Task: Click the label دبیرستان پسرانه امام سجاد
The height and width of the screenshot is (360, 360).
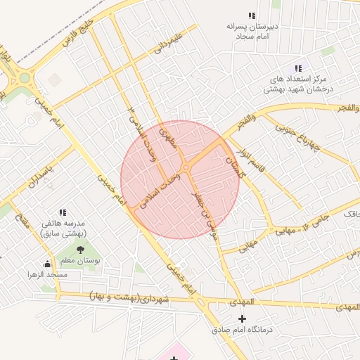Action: pos(252,30)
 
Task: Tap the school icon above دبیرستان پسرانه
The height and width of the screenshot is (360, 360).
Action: pos(252,15)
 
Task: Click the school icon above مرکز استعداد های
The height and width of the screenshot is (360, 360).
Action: pos(298,68)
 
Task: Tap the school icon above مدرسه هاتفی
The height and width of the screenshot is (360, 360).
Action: pos(63,212)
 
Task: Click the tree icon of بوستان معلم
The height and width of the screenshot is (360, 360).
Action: pos(79,249)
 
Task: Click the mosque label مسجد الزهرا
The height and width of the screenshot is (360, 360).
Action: pos(47,274)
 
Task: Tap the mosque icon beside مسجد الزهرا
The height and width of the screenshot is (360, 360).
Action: pos(47,264)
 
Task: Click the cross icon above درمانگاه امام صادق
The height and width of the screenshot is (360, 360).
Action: pos(243,319)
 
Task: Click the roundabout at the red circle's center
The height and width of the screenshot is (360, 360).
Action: pos(185,167)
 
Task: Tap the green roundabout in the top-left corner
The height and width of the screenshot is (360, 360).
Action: pos(25,78)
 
